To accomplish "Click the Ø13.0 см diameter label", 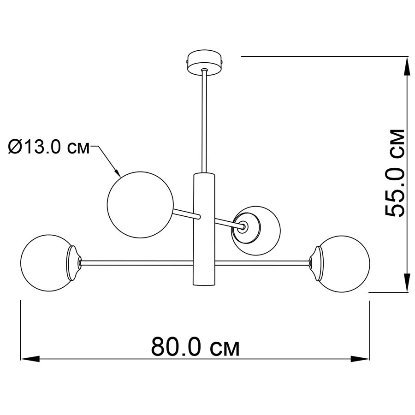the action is (49, 147).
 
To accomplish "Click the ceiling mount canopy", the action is (204, 63).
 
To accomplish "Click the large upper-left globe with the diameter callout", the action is (140, 204).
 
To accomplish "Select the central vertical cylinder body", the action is (204, 229).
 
